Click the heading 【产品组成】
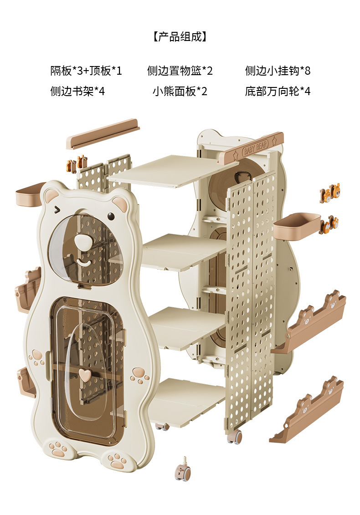point(180,37)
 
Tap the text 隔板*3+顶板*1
point(86,71)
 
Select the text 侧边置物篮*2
point(180,71)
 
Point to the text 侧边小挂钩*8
point(278,71)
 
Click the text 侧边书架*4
point(77,92)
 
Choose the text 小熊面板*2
point(180,92)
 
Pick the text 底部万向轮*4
point(278,92)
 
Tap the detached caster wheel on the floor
point(183,472)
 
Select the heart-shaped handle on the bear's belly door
point(83,374)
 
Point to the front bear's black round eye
point(111,215)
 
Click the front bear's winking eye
point(57,209)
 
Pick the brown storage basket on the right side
point(297,226)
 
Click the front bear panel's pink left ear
point(51,196)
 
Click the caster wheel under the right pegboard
point(235,437)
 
